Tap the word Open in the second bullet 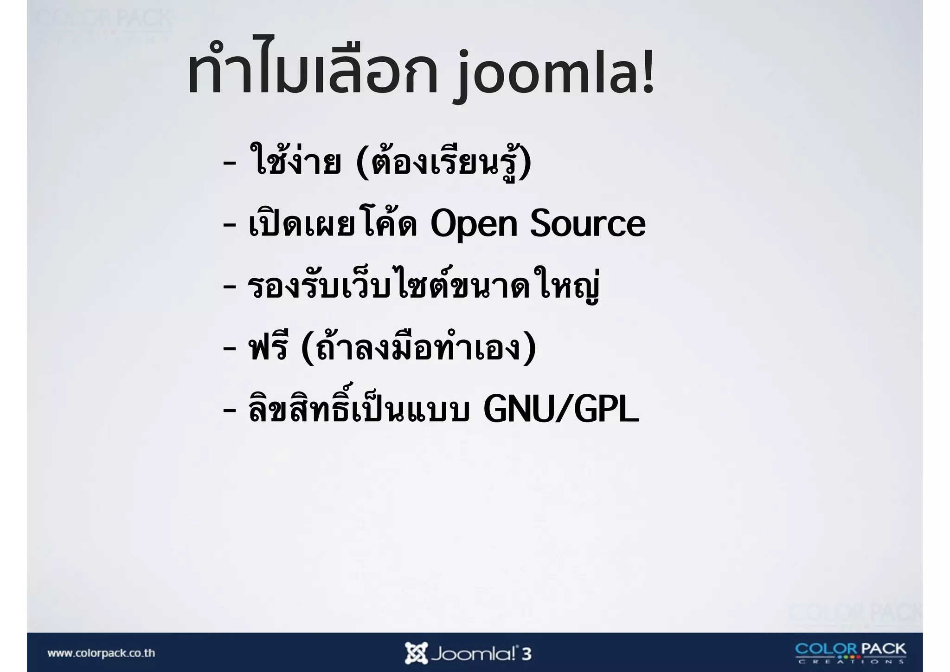474,224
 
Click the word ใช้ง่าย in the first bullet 295,161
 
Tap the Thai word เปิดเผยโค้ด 333,223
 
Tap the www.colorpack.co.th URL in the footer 101,653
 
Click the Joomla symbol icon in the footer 416,653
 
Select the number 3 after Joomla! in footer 526,654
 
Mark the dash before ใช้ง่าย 229,163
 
